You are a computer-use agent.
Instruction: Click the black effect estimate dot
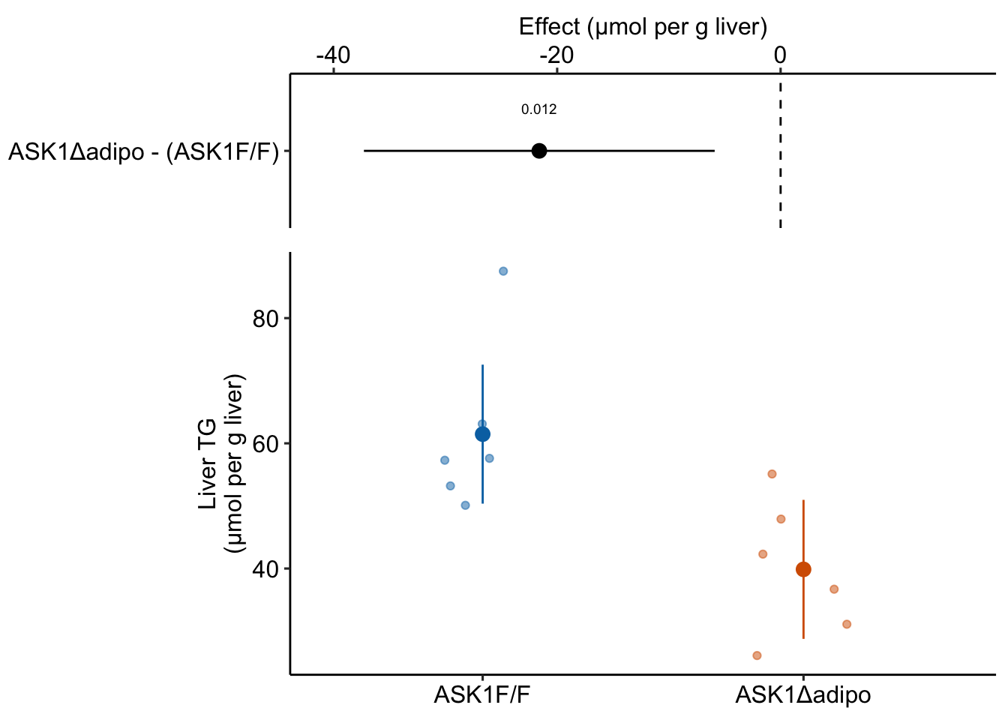pyautogui.click(x=538, y=151)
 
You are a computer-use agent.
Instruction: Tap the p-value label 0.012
pyautogui.click(x=539, y=110)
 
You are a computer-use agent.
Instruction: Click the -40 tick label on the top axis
pyautogui.click(x=333, y=55)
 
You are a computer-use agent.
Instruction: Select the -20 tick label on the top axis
pyautogui.click(x=556, y=55)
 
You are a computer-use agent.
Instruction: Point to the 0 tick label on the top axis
pyautogui.click(x=780, y=55)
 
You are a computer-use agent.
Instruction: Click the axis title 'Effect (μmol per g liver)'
pyautogui.click(x=643, y=28)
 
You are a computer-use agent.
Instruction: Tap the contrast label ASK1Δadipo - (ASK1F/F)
pyautogui.click(x=143, y=152)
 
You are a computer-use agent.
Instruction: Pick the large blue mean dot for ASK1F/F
pyautogui.click(x=482, y=434)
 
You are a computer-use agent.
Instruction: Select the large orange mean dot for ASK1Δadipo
pyautogui.click(x=803, y=569)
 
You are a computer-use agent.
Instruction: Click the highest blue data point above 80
pyautogui.click(x=503, y=271)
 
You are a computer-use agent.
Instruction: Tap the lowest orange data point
pyautogui.click(x=757, y=655)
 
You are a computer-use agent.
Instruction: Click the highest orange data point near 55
pyautogui.click(x=772, y=474)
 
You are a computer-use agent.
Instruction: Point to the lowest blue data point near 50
pyautogui.click(x=465, y=505)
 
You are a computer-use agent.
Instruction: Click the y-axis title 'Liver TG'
pyautogui.click(x=208, y=463)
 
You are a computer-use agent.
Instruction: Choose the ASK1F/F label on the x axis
pyautogui.click(x=482, y=696)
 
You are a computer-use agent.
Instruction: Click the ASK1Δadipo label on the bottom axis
pyautogui.click(x=803, y=696)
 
